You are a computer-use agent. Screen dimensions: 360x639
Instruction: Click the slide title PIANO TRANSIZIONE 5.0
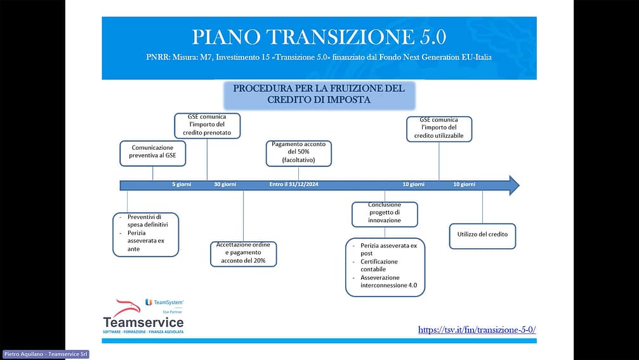[319, 37]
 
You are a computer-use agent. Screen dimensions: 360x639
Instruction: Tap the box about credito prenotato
[208, 125]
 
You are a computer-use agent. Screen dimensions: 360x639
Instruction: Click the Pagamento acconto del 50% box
[298, 153]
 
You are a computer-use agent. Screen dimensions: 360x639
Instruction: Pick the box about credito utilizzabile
[439, 128]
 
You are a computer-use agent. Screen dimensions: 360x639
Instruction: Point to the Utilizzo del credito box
[482, 235]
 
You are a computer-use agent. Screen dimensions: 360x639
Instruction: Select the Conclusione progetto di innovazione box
[385, 213]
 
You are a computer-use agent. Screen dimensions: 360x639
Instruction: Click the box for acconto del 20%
[243, 253]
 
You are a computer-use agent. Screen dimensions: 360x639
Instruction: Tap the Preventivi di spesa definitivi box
[145, 234]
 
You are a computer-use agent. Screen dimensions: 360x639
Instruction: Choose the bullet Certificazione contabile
[379, 265]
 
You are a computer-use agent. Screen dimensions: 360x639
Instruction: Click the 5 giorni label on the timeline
[181, 185]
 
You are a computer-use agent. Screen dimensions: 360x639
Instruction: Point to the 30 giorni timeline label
[225, 185]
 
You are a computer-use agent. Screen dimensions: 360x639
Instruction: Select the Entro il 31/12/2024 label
[293, 185]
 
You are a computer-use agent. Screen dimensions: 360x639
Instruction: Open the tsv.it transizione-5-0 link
[477, 330]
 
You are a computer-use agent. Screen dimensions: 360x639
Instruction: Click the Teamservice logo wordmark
[143, 323]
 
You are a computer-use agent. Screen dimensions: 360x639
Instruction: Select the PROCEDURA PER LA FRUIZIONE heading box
[319, 94]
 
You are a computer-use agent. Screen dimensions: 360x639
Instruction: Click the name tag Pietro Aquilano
[45, 354]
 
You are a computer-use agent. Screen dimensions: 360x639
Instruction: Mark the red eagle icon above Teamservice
[126, 307]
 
